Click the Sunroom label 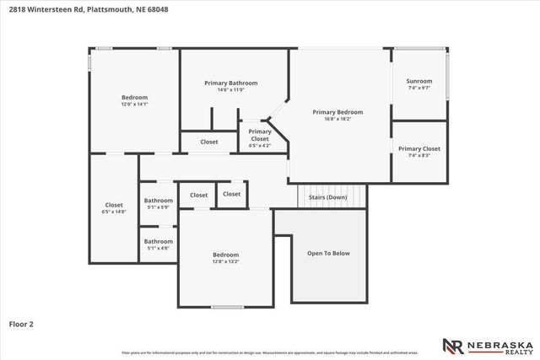click(419, 81)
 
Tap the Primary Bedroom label click(337, 112)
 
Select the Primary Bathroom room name click(230, 83)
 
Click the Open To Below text click(328, 253)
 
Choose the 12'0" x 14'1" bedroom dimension click(134, 105)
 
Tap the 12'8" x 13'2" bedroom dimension click(225, 262)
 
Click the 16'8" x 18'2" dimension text click(337, 119)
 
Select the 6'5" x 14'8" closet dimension click(114, 212)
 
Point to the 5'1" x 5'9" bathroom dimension click(159, 207)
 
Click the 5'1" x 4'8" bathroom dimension click(159, 248)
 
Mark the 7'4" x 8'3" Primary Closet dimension click(419, 155)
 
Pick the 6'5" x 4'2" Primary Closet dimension click(260, 146)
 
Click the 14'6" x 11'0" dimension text click(230, 90)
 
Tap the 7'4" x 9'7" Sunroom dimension click(419, 88)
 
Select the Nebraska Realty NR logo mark click(453, 345)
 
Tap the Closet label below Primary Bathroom click(209, 142)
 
